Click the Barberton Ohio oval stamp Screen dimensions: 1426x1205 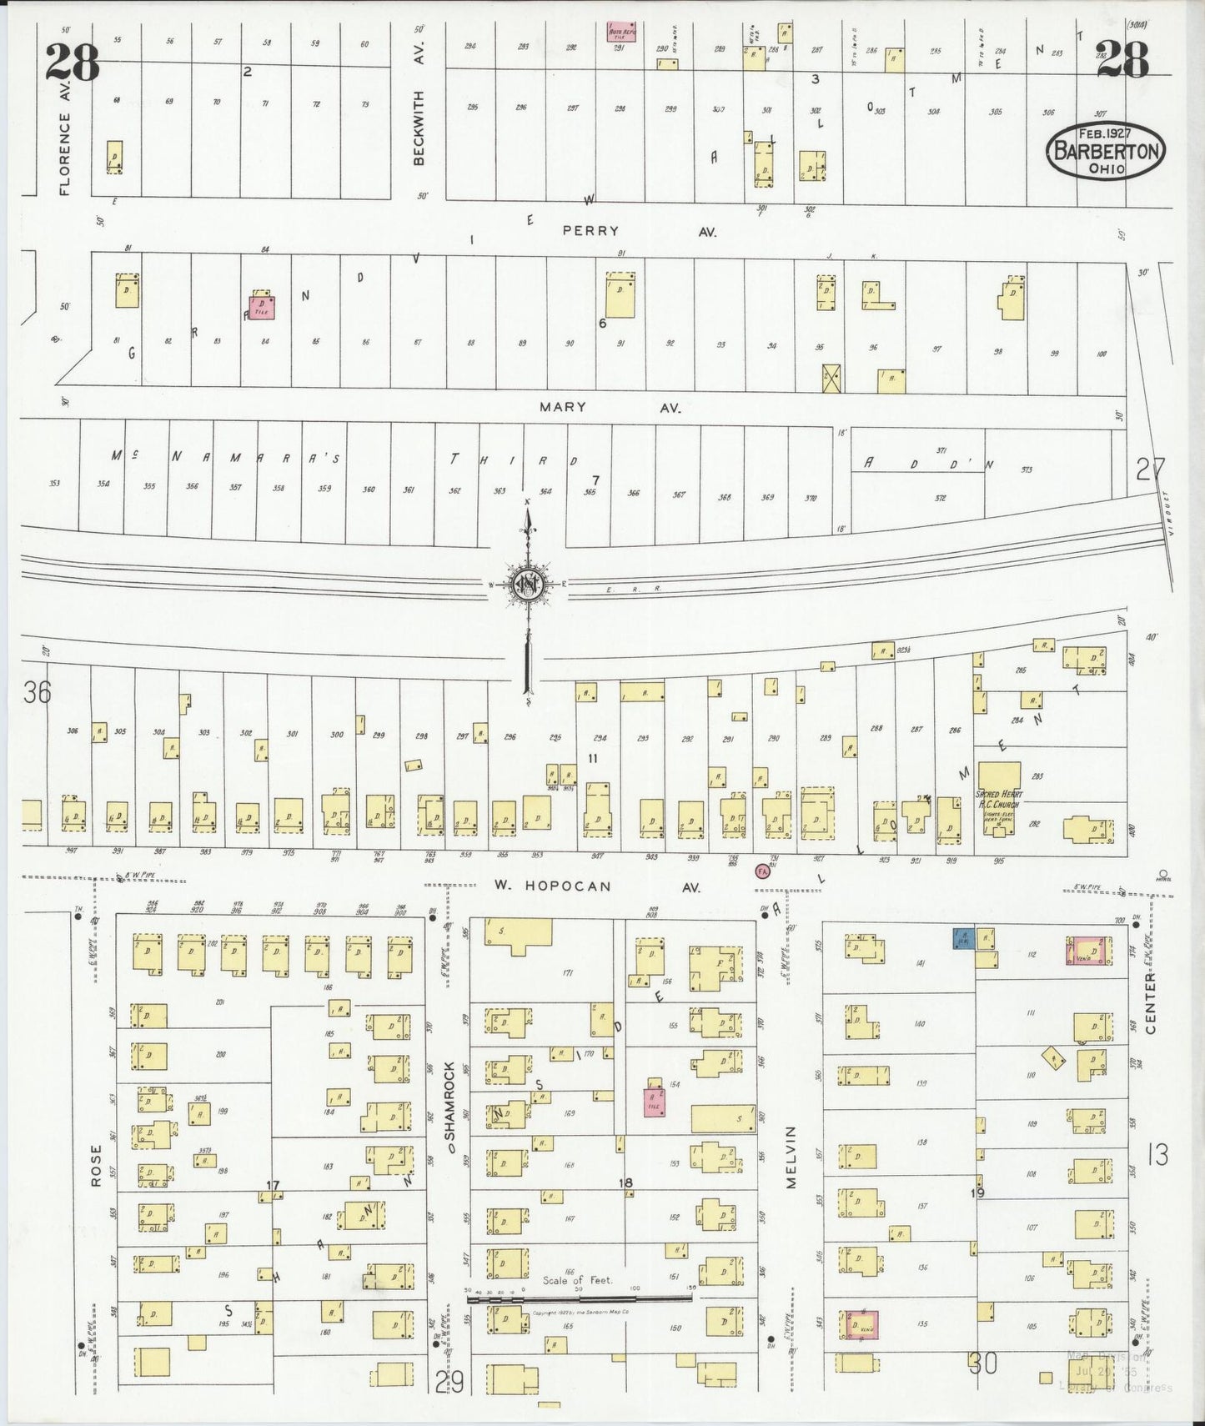click(1106, 150)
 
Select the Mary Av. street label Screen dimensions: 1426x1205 click(610, 408)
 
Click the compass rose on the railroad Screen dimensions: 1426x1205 click(528, 585)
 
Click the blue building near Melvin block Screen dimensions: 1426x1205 click(963, 938)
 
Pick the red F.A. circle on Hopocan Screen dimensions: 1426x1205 click(761, 871)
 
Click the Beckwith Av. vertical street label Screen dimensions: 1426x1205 click(419, 102)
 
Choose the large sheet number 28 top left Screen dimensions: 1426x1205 click(73, 63)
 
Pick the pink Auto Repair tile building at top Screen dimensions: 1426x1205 click(620, 32)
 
